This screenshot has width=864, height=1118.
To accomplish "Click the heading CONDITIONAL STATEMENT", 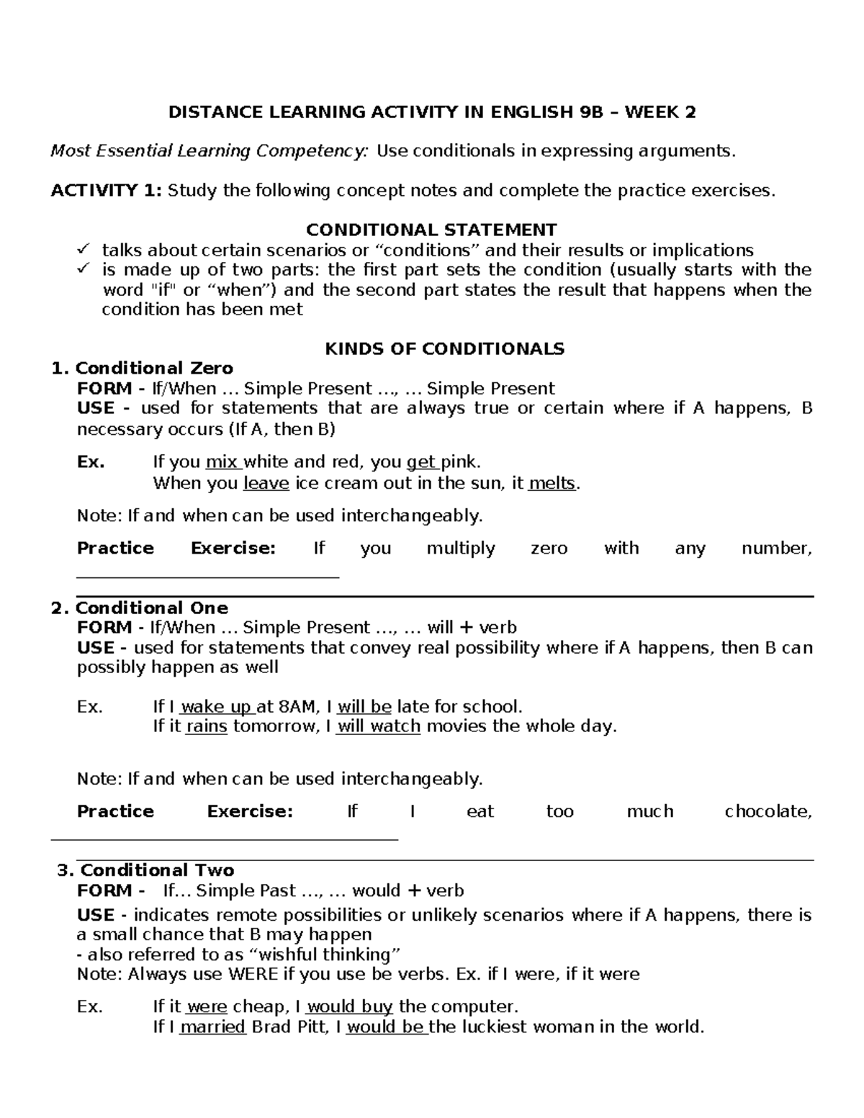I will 431,230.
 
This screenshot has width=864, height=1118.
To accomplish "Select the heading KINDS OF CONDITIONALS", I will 444,349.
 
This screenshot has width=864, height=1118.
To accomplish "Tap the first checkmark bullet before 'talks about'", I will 84,250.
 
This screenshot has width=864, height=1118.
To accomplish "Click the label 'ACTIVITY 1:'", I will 106,191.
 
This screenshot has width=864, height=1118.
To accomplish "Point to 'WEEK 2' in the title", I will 660,112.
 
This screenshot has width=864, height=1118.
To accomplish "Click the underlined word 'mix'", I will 221,462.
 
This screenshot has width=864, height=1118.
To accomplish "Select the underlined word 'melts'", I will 552,483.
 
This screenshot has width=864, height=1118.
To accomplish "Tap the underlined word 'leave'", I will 266,483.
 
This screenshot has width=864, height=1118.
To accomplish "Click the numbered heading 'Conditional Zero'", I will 154,369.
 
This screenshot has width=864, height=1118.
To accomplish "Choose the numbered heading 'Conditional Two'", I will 157,870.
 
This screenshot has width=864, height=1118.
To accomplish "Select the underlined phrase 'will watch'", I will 379,726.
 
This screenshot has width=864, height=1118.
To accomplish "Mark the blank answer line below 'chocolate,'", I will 224,839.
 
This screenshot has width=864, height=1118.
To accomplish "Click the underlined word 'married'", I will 212,1027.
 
